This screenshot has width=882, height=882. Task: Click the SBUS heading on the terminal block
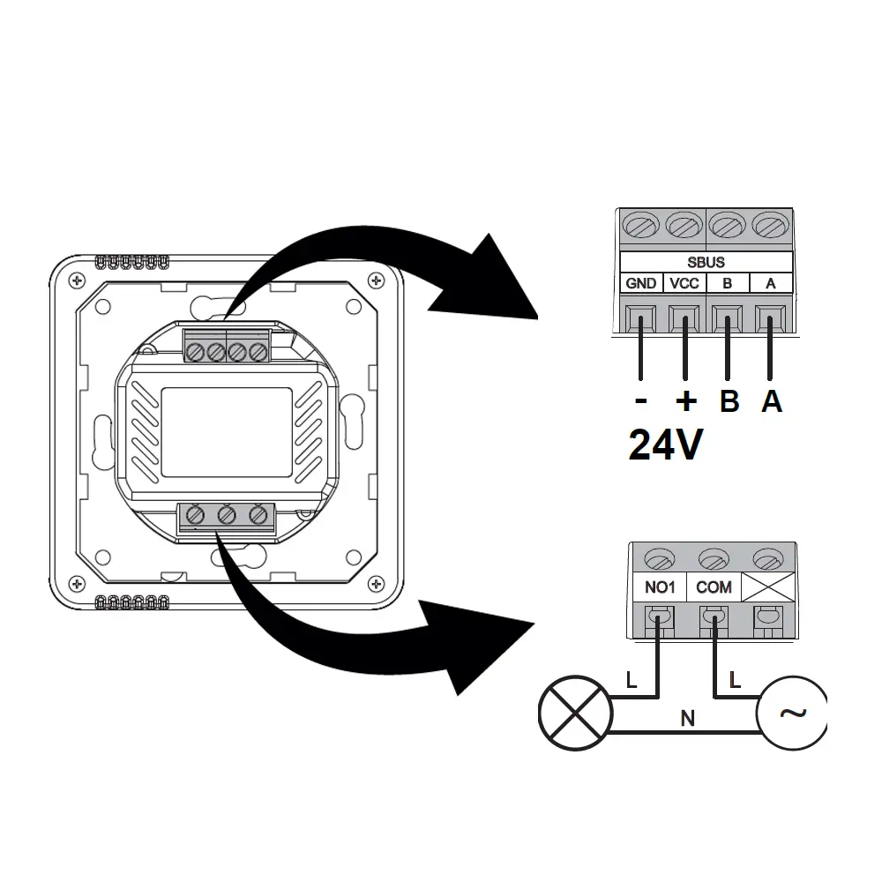tap(706, 262)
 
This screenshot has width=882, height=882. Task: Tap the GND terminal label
tap(641, 283)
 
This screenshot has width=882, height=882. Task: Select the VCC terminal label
tap(685, 283)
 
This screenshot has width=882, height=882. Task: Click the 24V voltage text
tap(666, 445)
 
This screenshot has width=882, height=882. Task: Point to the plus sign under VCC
tap(685, 401)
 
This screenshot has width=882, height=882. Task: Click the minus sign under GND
tap(641, 401)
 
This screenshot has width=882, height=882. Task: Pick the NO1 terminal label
tap(658, 587)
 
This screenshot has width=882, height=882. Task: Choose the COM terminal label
tap(713, 587)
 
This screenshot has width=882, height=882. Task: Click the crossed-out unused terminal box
tap(768, 587)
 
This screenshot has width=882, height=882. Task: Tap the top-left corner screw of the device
tap(78, 280)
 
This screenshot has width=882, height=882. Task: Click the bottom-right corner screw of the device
tap(377, 585)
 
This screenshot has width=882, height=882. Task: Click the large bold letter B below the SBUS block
tap(729, 401)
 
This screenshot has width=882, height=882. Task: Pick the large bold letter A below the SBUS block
tap(772, 401)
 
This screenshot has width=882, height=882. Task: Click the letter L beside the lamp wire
tap(630, 680)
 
